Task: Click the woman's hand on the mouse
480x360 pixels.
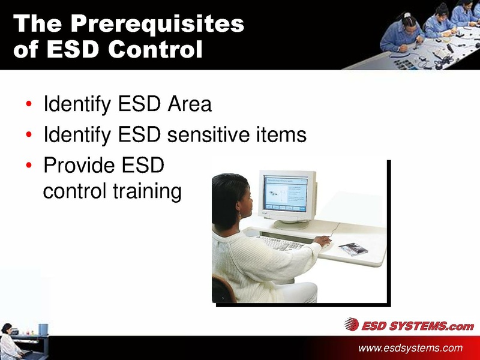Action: [322, 241]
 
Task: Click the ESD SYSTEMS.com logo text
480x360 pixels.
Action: [417, 326]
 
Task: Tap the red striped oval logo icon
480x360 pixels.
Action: [351, 325]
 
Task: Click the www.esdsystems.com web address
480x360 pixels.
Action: [410, 348]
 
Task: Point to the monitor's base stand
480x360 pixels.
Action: [292, 223]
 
